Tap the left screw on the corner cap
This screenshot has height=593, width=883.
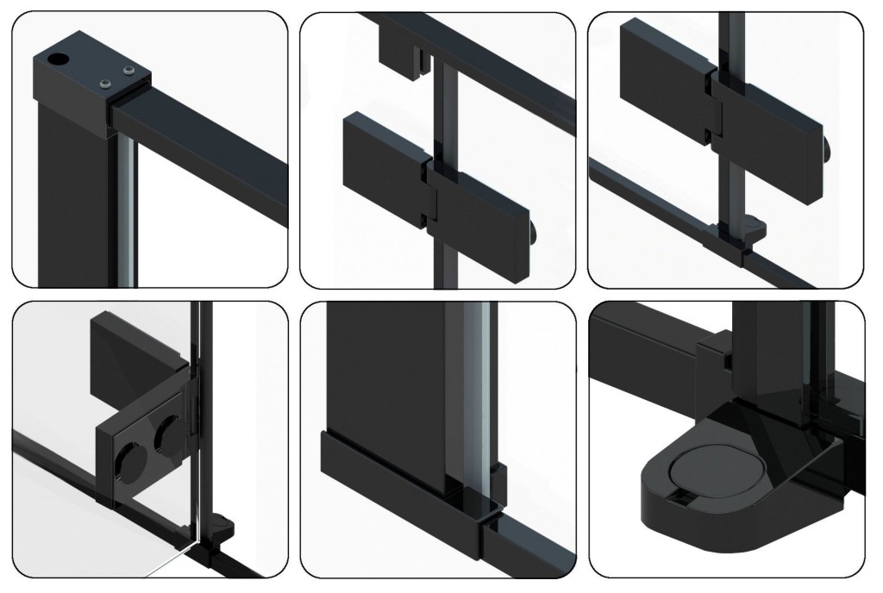105,83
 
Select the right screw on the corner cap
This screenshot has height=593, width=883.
129,70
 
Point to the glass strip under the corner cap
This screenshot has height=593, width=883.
127,207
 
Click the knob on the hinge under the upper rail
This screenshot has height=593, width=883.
536,234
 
